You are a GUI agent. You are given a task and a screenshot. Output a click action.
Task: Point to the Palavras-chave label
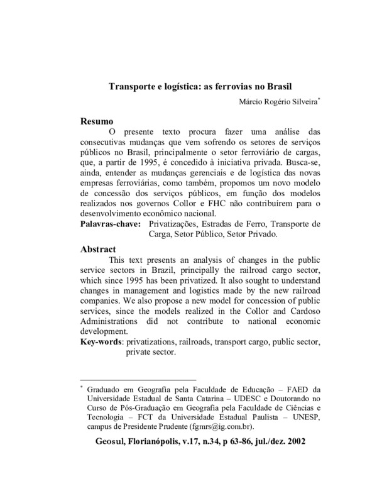pos(110,223)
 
